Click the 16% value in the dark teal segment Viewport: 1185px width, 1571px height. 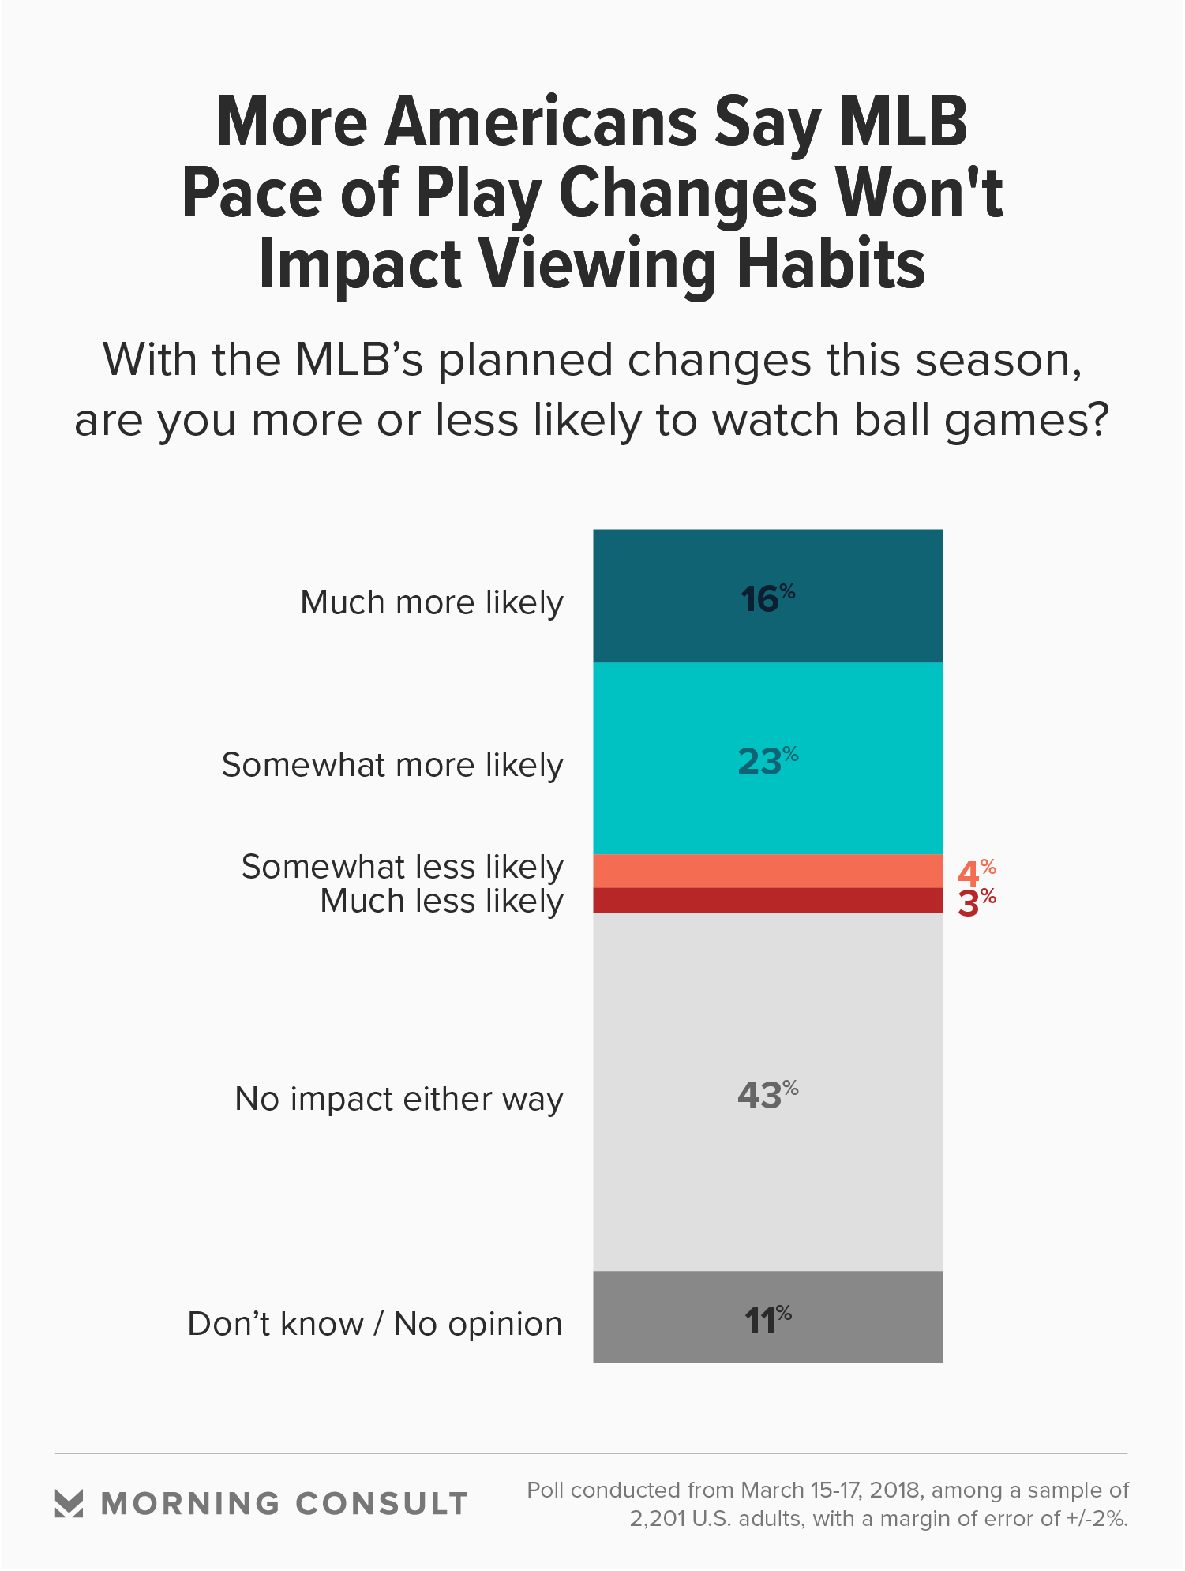[x=767, y=598]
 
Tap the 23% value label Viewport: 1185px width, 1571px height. [x=767, y=761]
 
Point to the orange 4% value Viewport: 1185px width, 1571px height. [x=976, y=872]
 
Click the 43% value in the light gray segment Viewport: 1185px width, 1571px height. [x=767, y=1095]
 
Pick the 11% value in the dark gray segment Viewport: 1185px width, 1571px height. [x=767, y=1320]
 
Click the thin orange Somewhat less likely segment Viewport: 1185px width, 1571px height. [x=767, y=871]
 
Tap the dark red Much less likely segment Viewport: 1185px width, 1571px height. [x=767, y=901]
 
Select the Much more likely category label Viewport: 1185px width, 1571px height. [x=431, y=602]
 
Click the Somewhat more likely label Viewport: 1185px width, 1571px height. [x=392, y=765]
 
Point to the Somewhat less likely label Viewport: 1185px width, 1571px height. [x=402, y=867]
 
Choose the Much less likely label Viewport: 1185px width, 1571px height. [x=441, y=901]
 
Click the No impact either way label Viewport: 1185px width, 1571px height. [x=399, y=1099]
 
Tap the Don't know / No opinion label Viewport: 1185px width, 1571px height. [x=375, y=1324]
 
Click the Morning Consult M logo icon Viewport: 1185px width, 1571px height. [x=69, y=1504]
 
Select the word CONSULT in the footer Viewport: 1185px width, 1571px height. [x=382, y=1504]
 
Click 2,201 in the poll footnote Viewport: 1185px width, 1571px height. [x=657, y=1519]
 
